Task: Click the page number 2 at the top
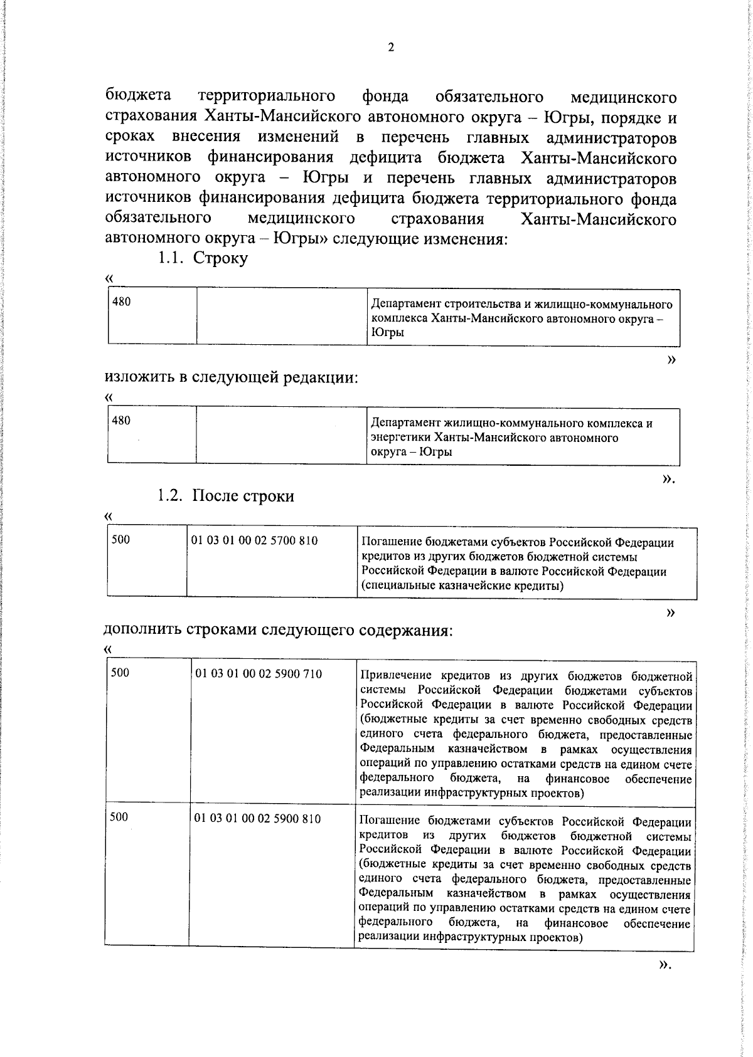(x=391, y=48)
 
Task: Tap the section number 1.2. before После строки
(x=171, y=496)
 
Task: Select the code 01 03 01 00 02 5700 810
(x=254, y=540)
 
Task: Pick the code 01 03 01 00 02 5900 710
(x=259, y=674)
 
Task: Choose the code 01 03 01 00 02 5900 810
(x=257, y=819)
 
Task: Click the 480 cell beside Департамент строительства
(x=122, y=302)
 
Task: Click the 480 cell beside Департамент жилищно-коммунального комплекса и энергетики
(x=121, y=421)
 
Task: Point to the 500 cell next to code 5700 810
(x=120, y=539)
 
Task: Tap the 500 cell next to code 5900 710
(x=120, y=673)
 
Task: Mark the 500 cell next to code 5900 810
(x=119, y=817)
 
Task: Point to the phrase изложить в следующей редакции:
(x=232, y=377)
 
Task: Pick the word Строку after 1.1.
(x=220, y=258)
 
